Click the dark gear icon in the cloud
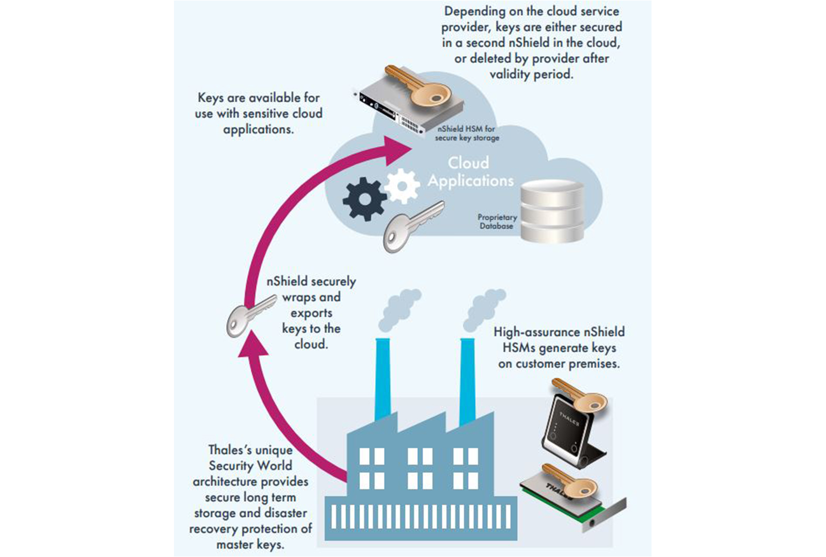point(364,199)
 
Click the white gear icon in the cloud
point(402,185)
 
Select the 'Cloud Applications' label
point(470,172)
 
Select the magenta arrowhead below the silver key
point(253,345)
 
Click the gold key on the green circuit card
point(570,480)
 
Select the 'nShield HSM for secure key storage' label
point(467,133)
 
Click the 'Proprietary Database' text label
point(497,222)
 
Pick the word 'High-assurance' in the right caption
point(536,332)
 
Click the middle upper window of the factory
point(420,456)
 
